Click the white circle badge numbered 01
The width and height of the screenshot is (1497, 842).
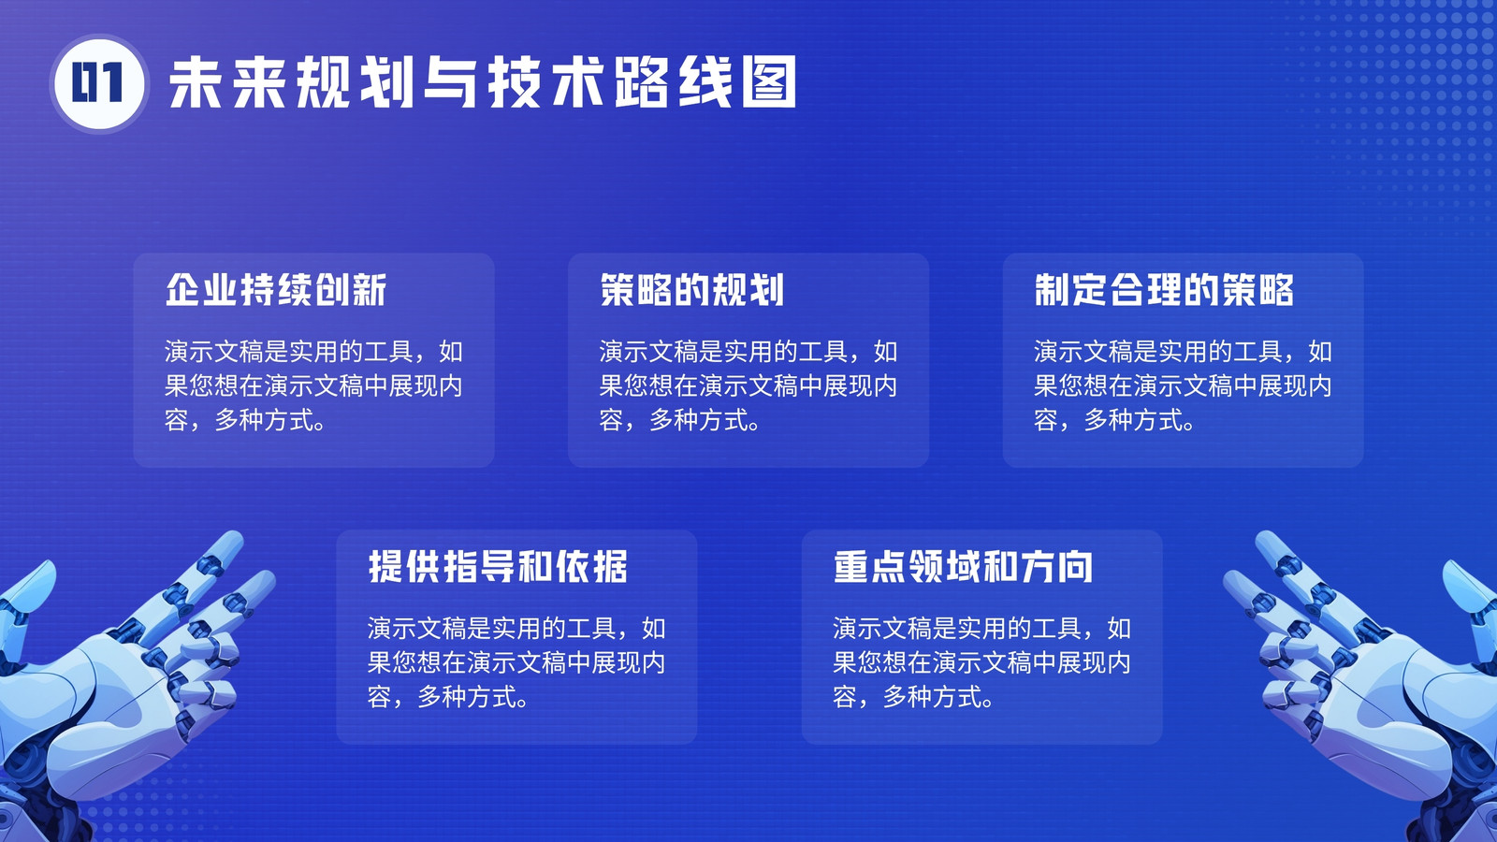(99, 83)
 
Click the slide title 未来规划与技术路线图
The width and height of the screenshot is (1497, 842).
(483, 82)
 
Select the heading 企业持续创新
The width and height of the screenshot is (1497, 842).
(276, 290)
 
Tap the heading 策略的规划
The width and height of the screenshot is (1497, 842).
(691, 290)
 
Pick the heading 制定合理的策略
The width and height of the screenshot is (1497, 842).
(1164, 290)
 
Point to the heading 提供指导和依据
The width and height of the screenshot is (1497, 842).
(498, 567)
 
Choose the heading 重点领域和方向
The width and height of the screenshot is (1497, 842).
(963, 567)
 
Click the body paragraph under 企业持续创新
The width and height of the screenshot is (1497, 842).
(313, 385)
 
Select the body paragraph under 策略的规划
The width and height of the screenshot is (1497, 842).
(748, 385)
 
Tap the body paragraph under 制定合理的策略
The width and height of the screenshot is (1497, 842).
(1183, 385)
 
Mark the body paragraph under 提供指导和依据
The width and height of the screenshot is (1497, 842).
(516, 662)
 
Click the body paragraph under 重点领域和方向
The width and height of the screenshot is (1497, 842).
(981, 662)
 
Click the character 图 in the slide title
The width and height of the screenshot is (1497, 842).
(769, 82)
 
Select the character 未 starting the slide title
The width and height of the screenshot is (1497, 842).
(196, 82)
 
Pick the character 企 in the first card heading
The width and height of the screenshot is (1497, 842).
(182, 290)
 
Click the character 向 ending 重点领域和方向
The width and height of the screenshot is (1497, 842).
(1075, 567)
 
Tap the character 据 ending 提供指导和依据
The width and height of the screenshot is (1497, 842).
(610, 567)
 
